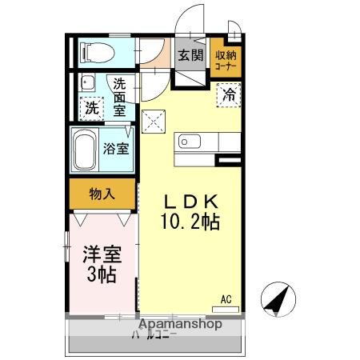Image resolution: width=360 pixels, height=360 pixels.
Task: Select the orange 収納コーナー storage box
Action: [226, 60]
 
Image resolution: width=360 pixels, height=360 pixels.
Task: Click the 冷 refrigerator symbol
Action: [230, 94]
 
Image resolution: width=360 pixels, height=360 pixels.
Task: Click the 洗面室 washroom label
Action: [119, 97]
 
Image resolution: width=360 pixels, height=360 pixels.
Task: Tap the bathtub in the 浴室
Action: [86, 149]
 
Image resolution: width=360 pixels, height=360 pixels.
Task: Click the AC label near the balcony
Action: [226, 299]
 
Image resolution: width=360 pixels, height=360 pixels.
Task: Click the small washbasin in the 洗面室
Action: [89, 82]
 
